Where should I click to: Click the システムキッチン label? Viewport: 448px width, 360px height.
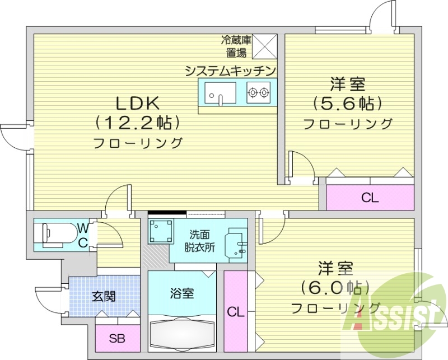click(x=230, y=71)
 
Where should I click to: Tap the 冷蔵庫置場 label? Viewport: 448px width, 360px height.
click(x=236, y=46)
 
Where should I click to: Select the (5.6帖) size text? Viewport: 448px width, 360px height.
click(x=347, y=104)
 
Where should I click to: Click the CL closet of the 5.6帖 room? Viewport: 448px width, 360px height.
click(x=370, y=197)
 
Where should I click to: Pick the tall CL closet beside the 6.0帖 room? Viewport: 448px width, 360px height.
click(x=236, y=311)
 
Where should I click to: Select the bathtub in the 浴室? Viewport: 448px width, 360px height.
click(x=182, y=334)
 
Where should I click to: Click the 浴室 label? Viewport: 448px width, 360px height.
click(x=181, y=293)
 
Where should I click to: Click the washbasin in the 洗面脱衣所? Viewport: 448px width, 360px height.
click(x=235, y=245)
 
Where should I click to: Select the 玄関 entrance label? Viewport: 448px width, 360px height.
click(x=104, y=296)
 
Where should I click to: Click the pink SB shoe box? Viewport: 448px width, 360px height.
click(x=116, y=338)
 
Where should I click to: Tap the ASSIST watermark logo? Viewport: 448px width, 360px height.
click(x=392, y=317)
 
